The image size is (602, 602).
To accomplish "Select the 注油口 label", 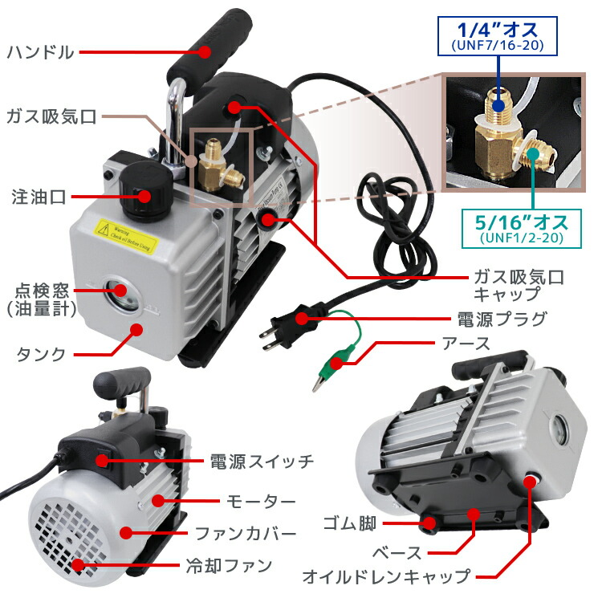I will pos(38,196).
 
